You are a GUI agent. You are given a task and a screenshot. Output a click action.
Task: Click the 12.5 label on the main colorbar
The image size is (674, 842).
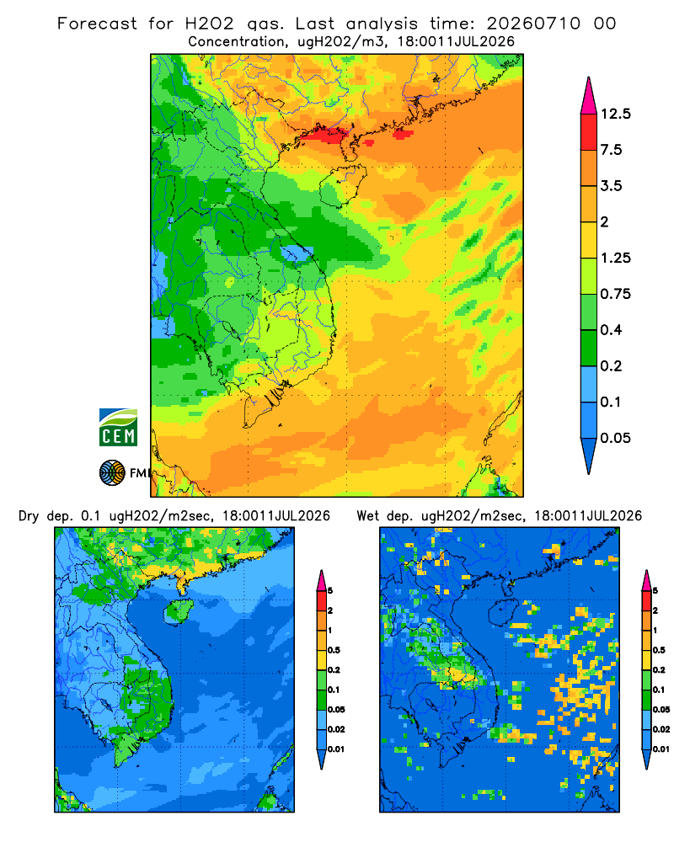click(615, 114)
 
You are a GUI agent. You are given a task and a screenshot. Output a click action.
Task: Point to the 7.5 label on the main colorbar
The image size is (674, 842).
click(611, 150)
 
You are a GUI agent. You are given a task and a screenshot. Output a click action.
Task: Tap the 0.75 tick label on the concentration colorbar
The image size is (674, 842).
click(615, 294)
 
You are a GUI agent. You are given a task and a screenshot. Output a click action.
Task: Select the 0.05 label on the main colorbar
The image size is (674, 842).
click(615, 438)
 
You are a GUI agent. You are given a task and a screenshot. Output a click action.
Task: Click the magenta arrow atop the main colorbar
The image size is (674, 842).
click(589, 97)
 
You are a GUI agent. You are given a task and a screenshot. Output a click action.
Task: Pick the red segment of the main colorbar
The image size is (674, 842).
click(589, 132)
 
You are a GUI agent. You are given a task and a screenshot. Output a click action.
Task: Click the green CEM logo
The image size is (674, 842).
click(118, 428)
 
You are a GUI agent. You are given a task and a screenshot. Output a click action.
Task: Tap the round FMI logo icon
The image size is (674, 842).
click(112, 473)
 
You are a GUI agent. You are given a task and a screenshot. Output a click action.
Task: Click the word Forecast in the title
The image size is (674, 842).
click(97, 24)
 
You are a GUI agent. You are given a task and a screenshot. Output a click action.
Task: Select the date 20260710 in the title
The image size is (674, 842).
click(533, 24)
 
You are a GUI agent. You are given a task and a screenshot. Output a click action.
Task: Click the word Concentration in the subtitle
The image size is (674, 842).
click(237, 42)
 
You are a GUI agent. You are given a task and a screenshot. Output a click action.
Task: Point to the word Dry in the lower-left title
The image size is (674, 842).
click(29, 516)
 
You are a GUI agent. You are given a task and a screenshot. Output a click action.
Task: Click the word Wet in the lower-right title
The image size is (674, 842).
click(368, 516)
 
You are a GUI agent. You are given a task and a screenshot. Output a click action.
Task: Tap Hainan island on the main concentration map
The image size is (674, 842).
click(343, 185)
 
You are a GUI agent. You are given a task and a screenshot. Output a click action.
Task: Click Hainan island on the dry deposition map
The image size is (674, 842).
click(178, 612)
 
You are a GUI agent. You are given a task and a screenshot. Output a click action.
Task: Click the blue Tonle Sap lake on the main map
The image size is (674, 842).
click(297, 253)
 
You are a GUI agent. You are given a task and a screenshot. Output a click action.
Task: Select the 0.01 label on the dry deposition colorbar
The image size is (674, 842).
click(336, 749)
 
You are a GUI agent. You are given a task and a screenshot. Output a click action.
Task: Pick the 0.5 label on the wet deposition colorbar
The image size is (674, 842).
click(658, 650)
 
